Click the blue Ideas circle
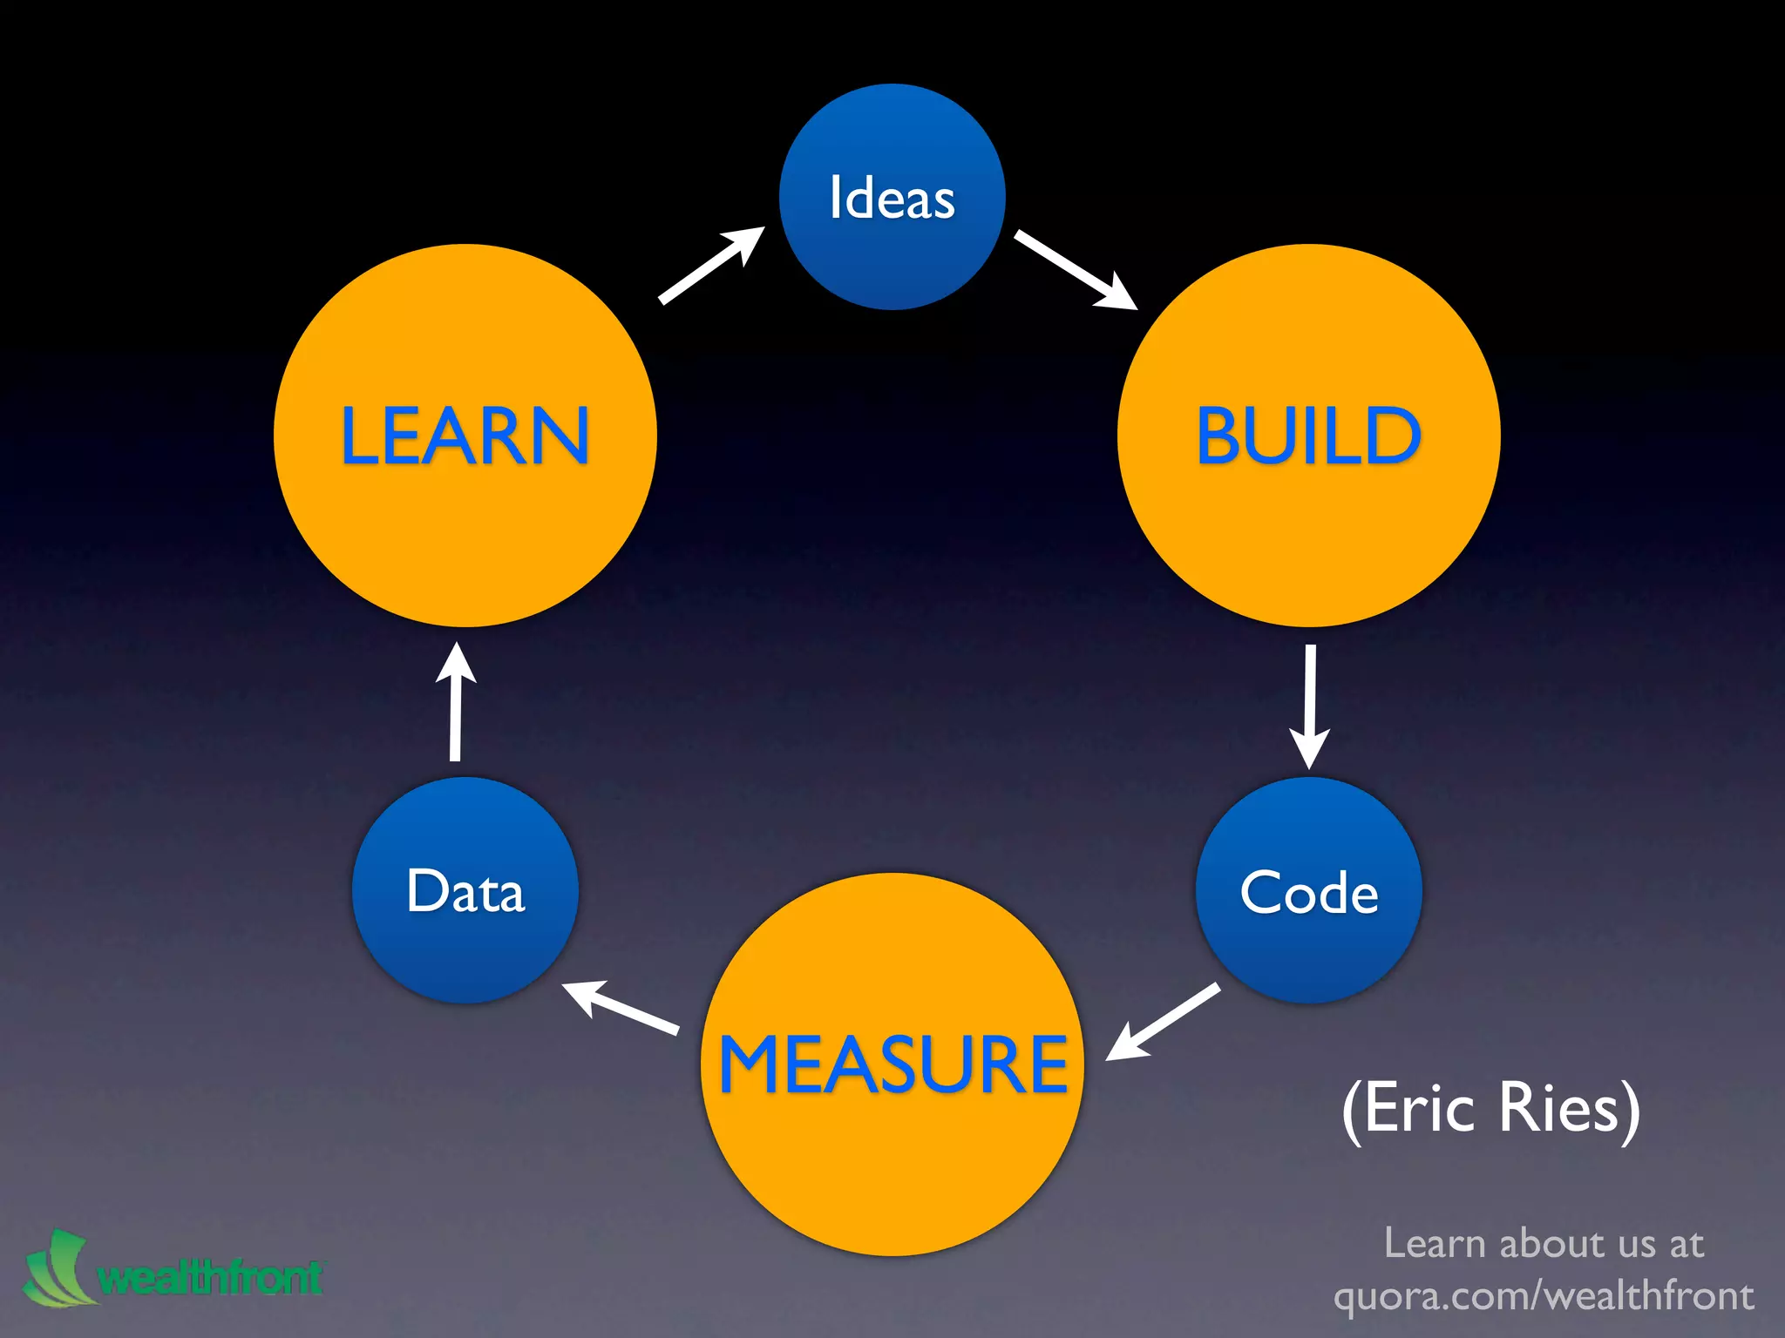click(x=892, y=197)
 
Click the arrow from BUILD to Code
click(x=1309, y=706)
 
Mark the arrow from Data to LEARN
click(x=455, y=702)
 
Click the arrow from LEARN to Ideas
click(x=711, y=265)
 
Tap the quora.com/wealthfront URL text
click(x=1544, y=1295)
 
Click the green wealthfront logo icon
click(x=58, y=1268)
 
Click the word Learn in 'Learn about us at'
click(x=1434, y=1243)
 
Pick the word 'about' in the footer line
click(x=1550, y=1243)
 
